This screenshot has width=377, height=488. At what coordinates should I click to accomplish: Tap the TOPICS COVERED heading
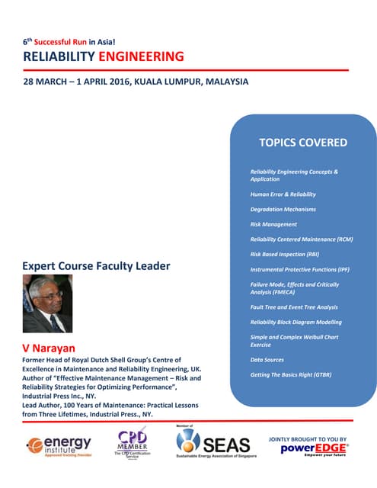[303, 143]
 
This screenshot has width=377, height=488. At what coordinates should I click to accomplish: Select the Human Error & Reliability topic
[283, 194]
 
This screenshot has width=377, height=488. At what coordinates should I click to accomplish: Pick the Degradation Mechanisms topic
[283, 209]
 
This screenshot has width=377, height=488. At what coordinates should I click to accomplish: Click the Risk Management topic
[273, 224]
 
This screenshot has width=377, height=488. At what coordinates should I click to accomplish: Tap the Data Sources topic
[268, 359]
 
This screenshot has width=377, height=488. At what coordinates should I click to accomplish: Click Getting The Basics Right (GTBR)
[291, 374]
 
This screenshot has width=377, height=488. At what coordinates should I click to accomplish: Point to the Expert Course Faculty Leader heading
[97, 266]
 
